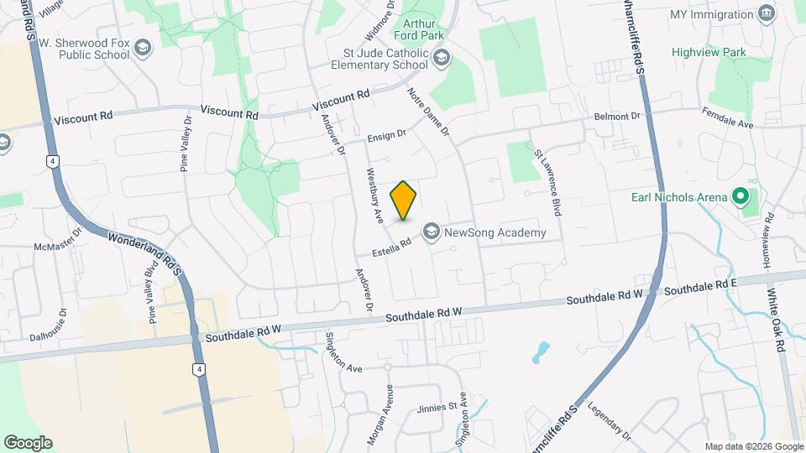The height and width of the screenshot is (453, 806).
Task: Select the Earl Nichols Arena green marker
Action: tap(740, 197)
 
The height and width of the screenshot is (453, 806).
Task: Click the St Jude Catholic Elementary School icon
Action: tap(442, 58)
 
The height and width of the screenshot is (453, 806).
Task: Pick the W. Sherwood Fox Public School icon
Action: tap(142, 48)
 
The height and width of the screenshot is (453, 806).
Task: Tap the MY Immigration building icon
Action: tap(766, 14)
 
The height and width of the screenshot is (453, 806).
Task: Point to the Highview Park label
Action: tap(709, 52)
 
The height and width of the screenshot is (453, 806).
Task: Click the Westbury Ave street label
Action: tap(373, 194)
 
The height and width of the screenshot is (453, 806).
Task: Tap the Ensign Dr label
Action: tap(387, 134)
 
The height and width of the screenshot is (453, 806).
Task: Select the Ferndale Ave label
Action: tap(728, 118)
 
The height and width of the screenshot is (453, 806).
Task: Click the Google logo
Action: tap(28, 442)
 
